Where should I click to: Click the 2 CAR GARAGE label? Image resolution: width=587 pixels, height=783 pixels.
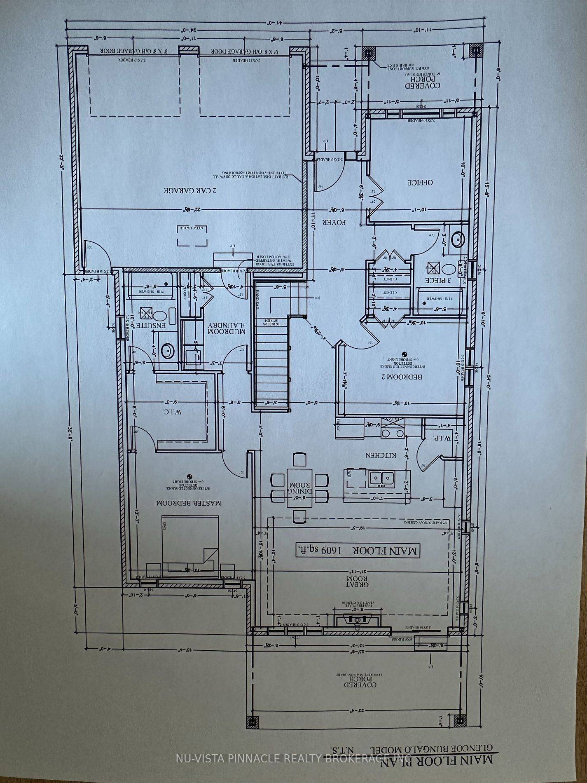click(190, 191)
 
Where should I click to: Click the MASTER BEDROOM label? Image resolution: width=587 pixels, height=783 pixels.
click(189, 503)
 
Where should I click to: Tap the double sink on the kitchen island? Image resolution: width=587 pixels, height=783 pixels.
click(382, 478)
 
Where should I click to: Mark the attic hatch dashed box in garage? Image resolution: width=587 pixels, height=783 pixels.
click(193, 235)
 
